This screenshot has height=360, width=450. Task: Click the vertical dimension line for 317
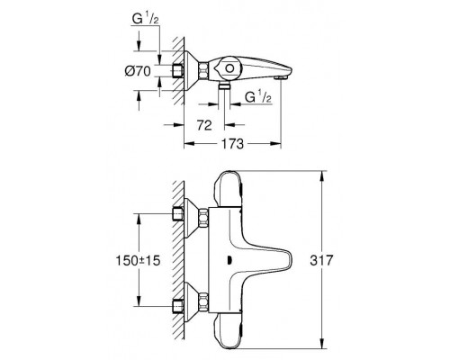point(322,260)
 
